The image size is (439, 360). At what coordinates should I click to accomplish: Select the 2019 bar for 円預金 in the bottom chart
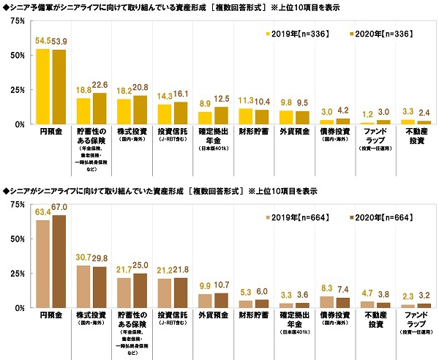[43, 264]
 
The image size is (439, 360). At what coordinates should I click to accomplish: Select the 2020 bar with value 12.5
[223, 115]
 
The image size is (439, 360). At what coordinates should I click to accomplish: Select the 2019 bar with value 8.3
[328, 302]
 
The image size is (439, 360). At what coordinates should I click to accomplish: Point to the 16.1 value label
[182, 95]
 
